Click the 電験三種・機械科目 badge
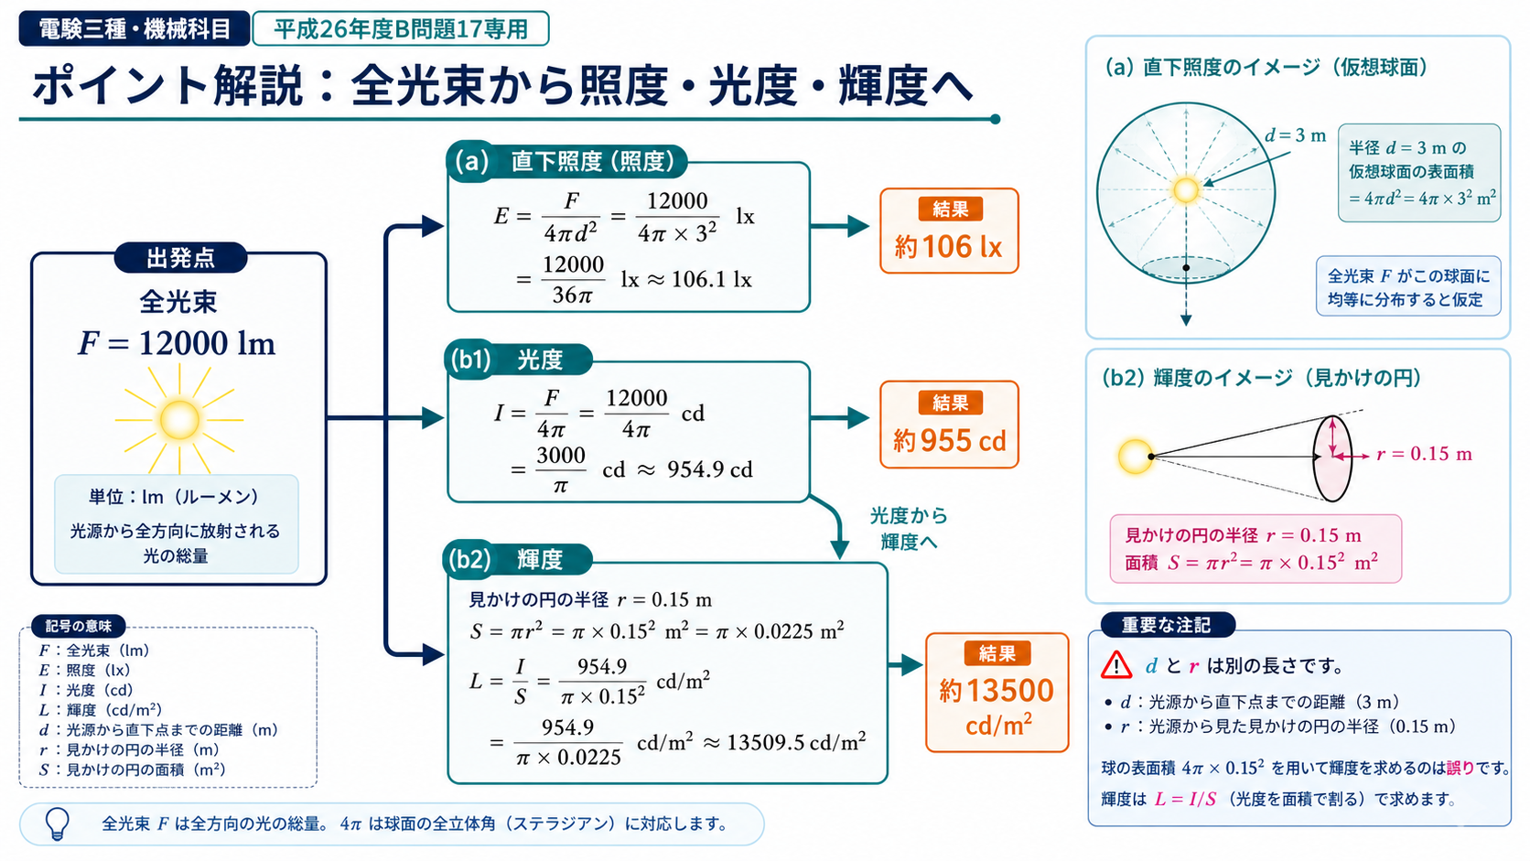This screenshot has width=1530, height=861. coord(134,28)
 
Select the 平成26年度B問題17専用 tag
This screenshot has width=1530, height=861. coord(400,28)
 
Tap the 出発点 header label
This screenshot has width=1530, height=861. coord(180,258)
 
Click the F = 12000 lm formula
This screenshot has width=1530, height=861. coord(177,343)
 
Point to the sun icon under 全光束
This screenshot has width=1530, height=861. coord(179,419)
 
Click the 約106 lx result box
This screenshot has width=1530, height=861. coord(949,231)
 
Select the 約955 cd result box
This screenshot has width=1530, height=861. coord(949,425)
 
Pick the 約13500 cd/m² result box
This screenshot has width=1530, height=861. coord(997,693)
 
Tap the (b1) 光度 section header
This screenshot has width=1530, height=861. coord(519,360)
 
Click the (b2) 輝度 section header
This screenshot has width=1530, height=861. coord(518,559)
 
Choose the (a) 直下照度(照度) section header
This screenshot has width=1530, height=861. coord(567,161)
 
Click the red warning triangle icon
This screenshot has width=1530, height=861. coord(1116,664)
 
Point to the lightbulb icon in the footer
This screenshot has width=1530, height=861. coord(58,823)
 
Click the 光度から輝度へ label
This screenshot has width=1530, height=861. coord(909,529)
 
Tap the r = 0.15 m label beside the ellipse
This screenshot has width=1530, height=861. coord(1424,454)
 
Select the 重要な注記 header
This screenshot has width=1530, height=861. coord(1167,625)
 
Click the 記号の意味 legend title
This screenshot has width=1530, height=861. coord(78,626)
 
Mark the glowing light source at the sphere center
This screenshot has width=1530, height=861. coord(1186,189)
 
